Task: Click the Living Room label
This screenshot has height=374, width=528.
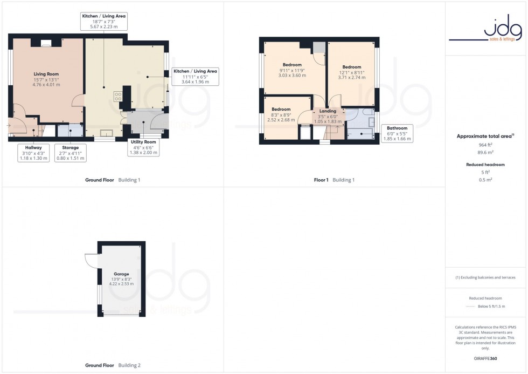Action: click(x=46, y=79)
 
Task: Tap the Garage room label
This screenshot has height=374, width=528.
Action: click(x=121, y=278)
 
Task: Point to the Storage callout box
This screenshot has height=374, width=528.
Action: click(x=70, y=153)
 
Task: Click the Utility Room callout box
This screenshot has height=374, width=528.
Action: click(x=143, y=147)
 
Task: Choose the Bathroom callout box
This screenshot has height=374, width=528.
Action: click(x=396, y=133)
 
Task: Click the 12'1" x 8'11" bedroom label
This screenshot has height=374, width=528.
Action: click(x=351, y=72)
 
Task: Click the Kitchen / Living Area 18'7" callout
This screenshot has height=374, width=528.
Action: click(x=104, y=22)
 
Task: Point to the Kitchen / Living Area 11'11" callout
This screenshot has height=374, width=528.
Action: click(x=195, y=77)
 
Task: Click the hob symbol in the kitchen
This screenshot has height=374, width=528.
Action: click(x=117, y=97)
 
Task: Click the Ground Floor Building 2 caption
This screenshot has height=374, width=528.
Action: click(x=113, y=365)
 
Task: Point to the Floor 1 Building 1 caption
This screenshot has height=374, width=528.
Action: click(x=335, y=180)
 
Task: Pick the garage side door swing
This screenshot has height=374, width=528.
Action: click(x=91, y=261)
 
